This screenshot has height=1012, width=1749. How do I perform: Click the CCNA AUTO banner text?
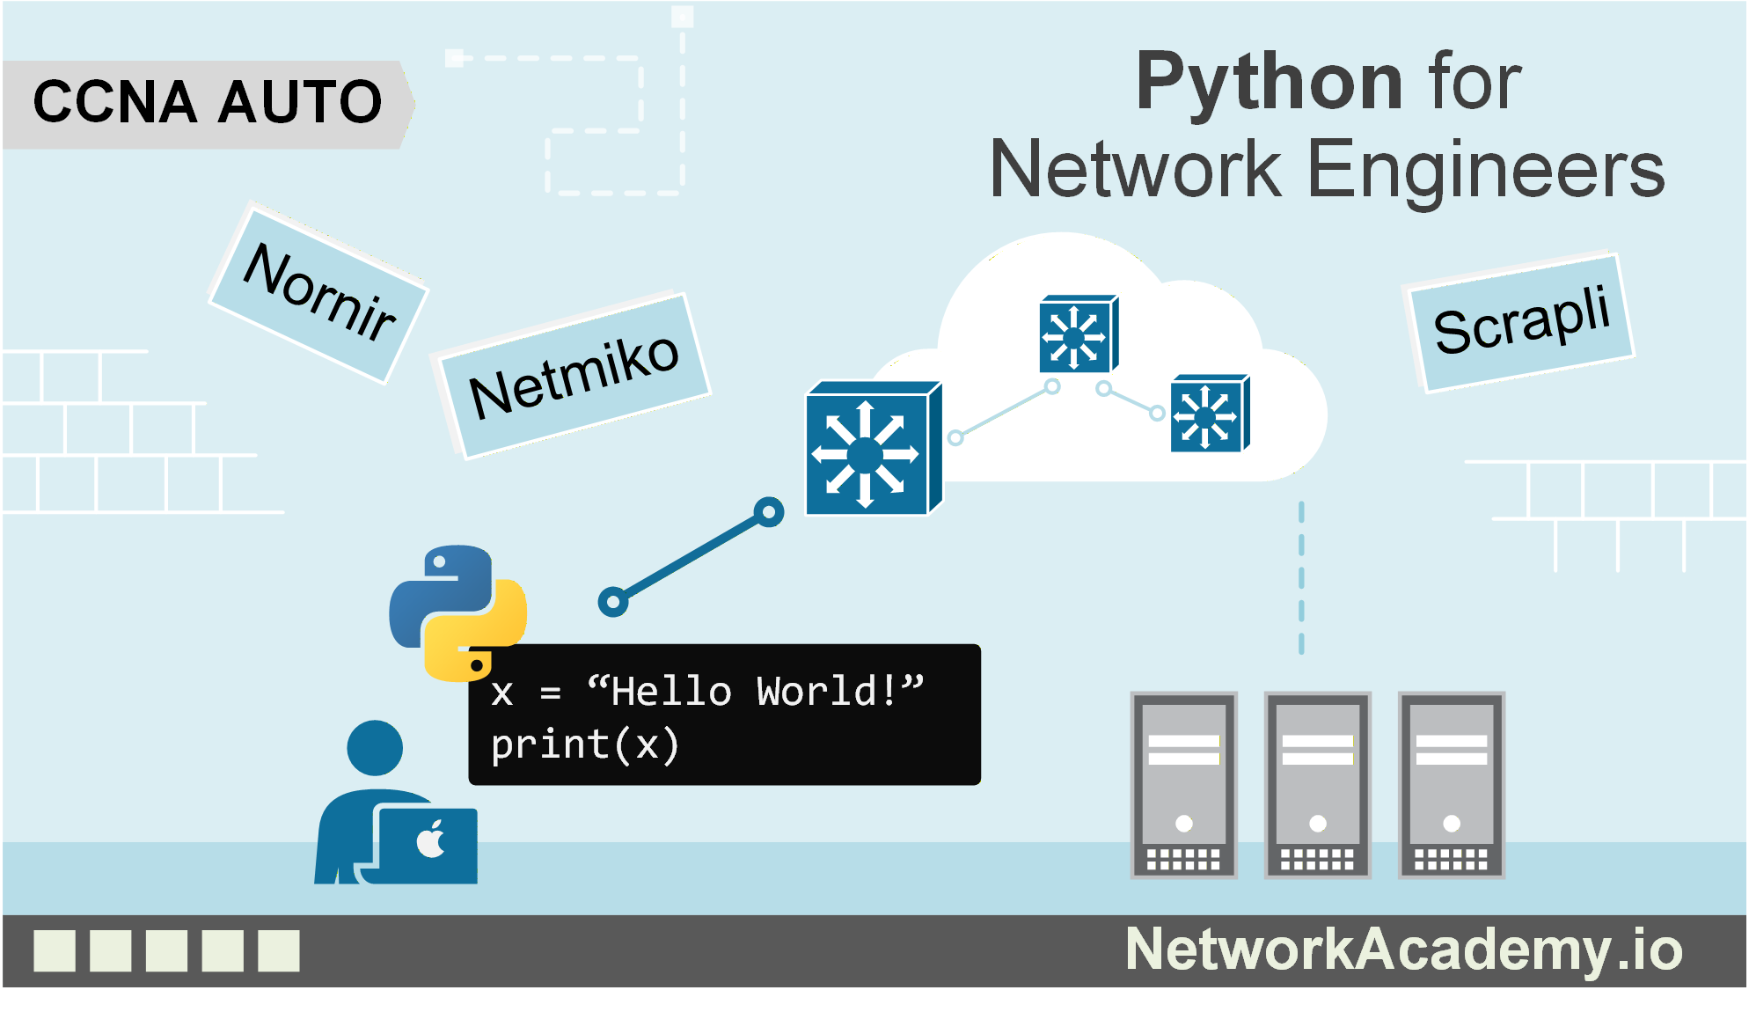point(208,101)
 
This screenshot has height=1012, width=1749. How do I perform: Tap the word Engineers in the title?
point(1487,169)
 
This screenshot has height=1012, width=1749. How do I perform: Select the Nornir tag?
point(318,293)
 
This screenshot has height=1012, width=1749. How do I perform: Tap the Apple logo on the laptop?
point(431,839)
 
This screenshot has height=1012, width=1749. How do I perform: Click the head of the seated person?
point(375,748)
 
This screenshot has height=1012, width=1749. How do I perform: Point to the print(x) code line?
point(584,745)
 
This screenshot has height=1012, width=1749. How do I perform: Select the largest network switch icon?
point(874,448)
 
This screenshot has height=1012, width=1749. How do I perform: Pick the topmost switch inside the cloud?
point(1079,334)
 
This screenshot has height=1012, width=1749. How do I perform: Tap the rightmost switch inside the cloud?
point(1210,414)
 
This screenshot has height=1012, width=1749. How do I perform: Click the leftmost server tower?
point(1184,785)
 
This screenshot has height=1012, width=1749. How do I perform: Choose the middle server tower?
point(1318,785)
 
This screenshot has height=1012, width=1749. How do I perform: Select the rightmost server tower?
point(1452,785)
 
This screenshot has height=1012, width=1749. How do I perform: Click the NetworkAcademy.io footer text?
point(1404,950)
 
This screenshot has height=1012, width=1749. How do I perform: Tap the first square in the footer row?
point(55,951)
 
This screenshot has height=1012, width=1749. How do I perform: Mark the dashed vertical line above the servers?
point(1301,578)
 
